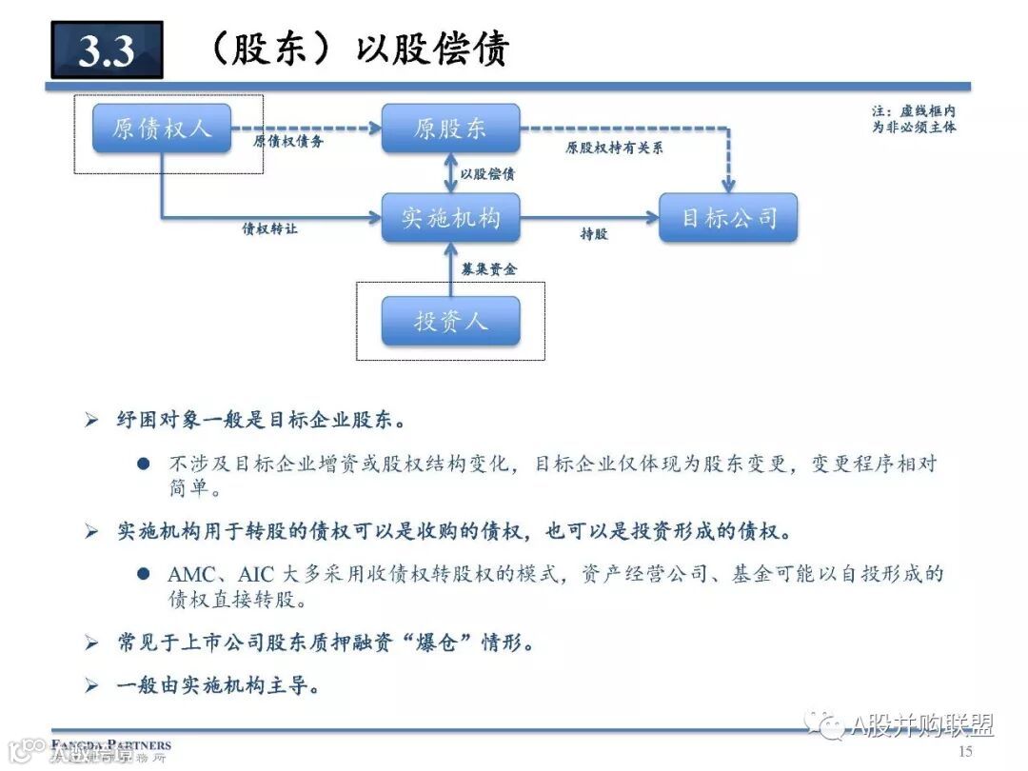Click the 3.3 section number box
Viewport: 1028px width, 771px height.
107,50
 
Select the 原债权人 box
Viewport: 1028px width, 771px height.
162,128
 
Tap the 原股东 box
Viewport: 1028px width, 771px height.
450,128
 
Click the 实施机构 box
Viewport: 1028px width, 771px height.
450,218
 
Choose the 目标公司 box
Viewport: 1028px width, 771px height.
728,218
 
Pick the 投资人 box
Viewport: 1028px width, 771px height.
450,321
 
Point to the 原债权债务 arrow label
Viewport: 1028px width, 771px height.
288,143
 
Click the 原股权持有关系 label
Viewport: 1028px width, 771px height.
614,148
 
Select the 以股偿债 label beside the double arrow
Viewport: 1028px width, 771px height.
487,174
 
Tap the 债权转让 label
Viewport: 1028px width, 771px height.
270,230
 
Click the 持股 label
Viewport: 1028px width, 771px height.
594,234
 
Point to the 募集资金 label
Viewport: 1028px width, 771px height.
489,270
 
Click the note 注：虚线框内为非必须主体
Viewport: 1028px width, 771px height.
914,119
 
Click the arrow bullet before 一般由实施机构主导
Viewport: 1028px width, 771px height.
91,685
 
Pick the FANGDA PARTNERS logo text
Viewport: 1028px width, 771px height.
112,744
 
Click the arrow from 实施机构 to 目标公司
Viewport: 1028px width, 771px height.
590,218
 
